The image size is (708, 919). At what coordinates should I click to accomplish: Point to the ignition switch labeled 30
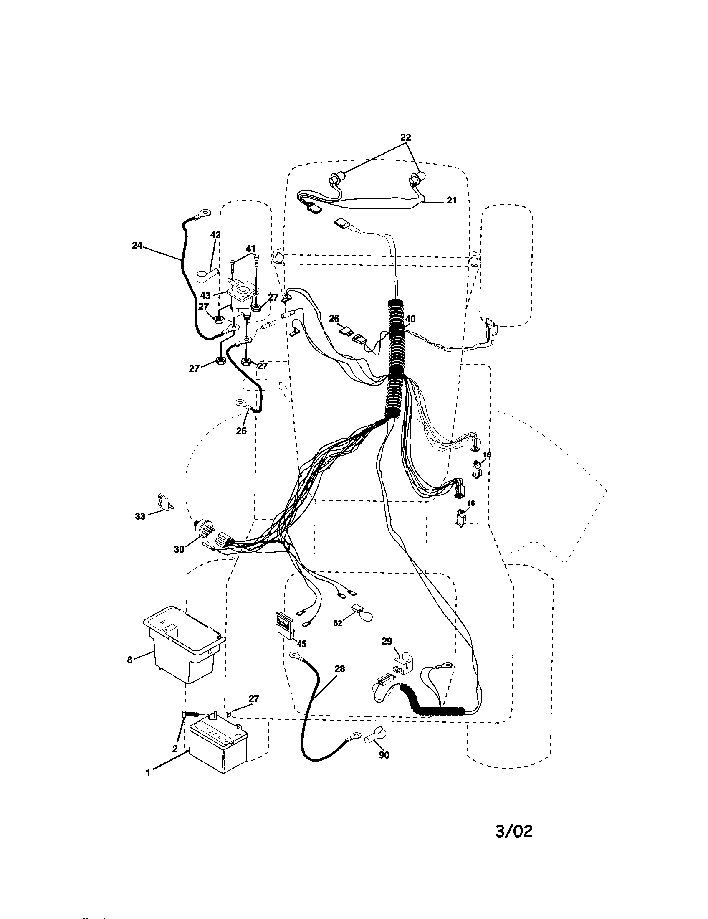point(203,531)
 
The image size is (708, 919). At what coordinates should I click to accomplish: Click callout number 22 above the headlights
point(405,137)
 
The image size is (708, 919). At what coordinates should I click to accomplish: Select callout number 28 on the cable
point(339,669)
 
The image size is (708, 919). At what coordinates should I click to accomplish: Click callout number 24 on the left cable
point(137,246)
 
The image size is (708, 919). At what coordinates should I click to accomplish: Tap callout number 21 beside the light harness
point(451,201)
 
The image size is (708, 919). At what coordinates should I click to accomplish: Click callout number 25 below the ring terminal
point(241,431)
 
